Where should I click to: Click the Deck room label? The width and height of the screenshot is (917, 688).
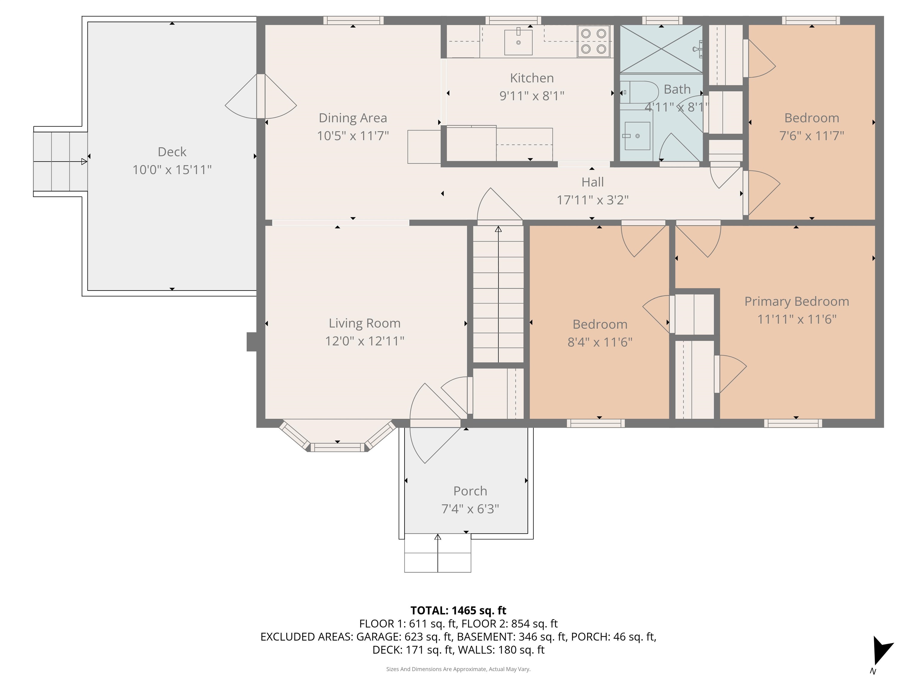(x=172, y=152)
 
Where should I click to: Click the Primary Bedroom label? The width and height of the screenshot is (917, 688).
(x=796, y=302)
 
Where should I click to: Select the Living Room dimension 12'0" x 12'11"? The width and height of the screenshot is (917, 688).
(x=364, y=341)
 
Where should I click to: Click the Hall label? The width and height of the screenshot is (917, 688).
(x=593, y=182)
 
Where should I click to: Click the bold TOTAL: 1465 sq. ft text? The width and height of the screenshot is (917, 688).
(x=458, y=610)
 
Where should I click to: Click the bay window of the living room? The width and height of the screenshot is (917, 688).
(x=337, y=444)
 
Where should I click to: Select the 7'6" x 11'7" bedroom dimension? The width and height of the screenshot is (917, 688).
(x=811, y=136)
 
